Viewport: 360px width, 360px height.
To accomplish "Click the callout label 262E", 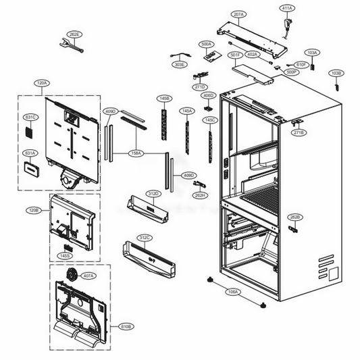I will click(x=74, y=34).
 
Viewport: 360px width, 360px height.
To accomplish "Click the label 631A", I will click(x=30, y=153).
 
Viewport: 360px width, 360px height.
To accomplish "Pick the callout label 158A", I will click(x=136, y=153).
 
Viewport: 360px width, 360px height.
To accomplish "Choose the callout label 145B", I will click(x=163, y=98).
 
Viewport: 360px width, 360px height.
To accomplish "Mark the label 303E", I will click(x=179, y=65).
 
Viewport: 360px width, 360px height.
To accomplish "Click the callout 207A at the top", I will click(x=220, y=14).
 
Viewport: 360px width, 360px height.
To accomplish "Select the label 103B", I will click(x=336, y=72).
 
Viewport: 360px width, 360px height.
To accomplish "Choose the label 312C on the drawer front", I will click(x=145, y=238).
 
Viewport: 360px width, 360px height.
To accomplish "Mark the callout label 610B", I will click(x=126, y=326).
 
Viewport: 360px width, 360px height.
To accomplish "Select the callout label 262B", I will click(x=294, y=217).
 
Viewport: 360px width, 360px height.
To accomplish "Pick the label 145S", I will click(x=66, y=255).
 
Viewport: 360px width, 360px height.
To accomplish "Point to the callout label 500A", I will click(x=207, y=44).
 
